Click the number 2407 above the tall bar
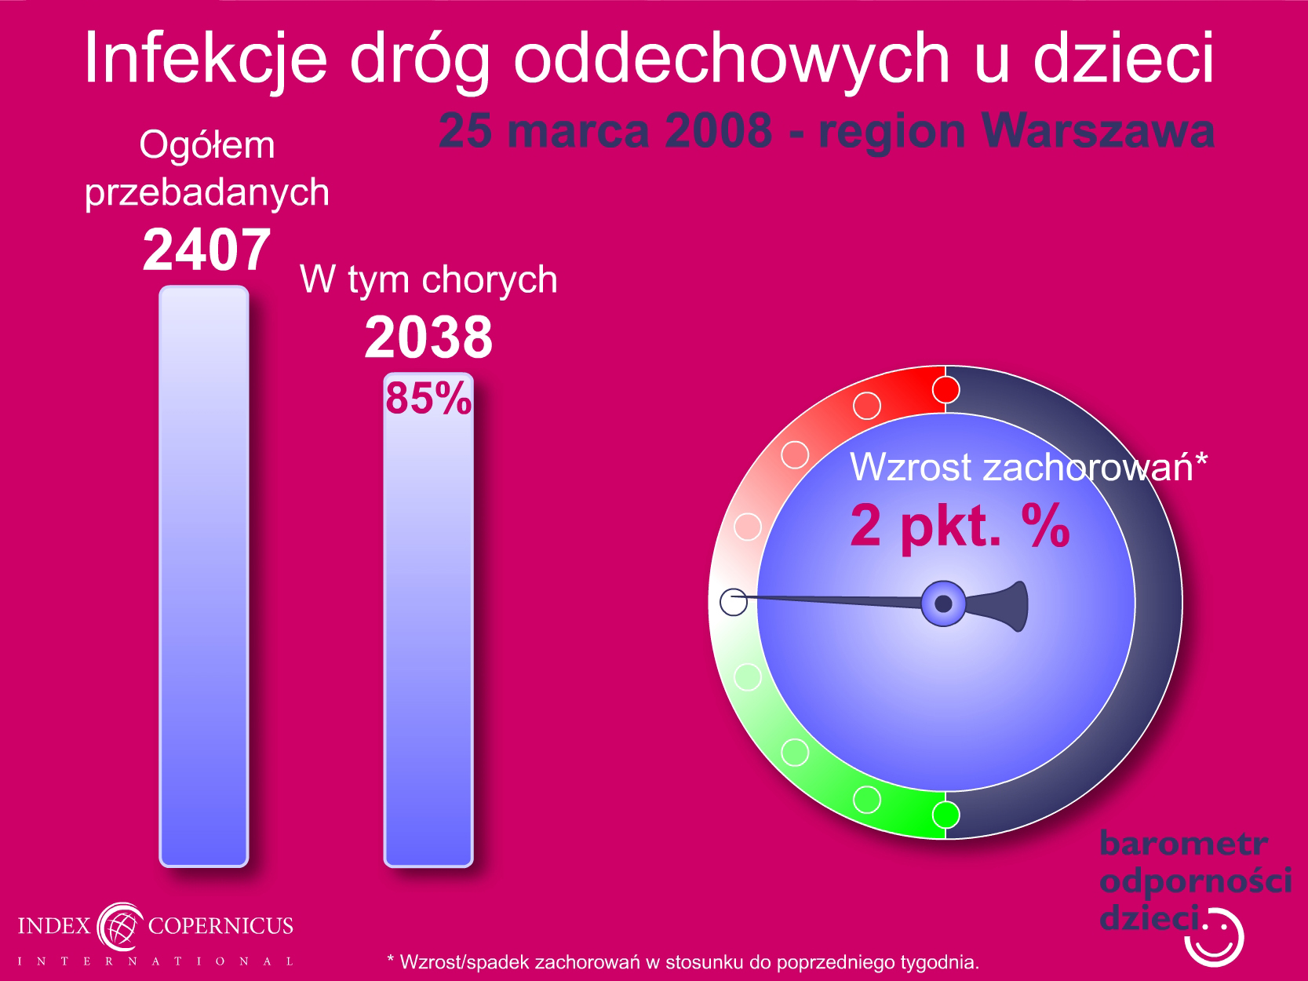[207, 250]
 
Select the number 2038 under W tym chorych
[428, 338]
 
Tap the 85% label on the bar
[428, 398]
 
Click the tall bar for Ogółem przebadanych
[204, 576]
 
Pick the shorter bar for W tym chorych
[428, 620]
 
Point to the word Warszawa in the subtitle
[1098, 130]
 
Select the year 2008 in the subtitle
[718, 130]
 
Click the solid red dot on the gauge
[945, 390]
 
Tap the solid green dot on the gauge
[945, 815]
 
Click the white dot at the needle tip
[734, 602]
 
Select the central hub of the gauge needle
[943, 604]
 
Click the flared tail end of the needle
[1018, 606]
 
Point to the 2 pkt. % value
[960, 525]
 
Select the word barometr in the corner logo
[1184, 844]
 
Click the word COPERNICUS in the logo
[220, 926]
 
